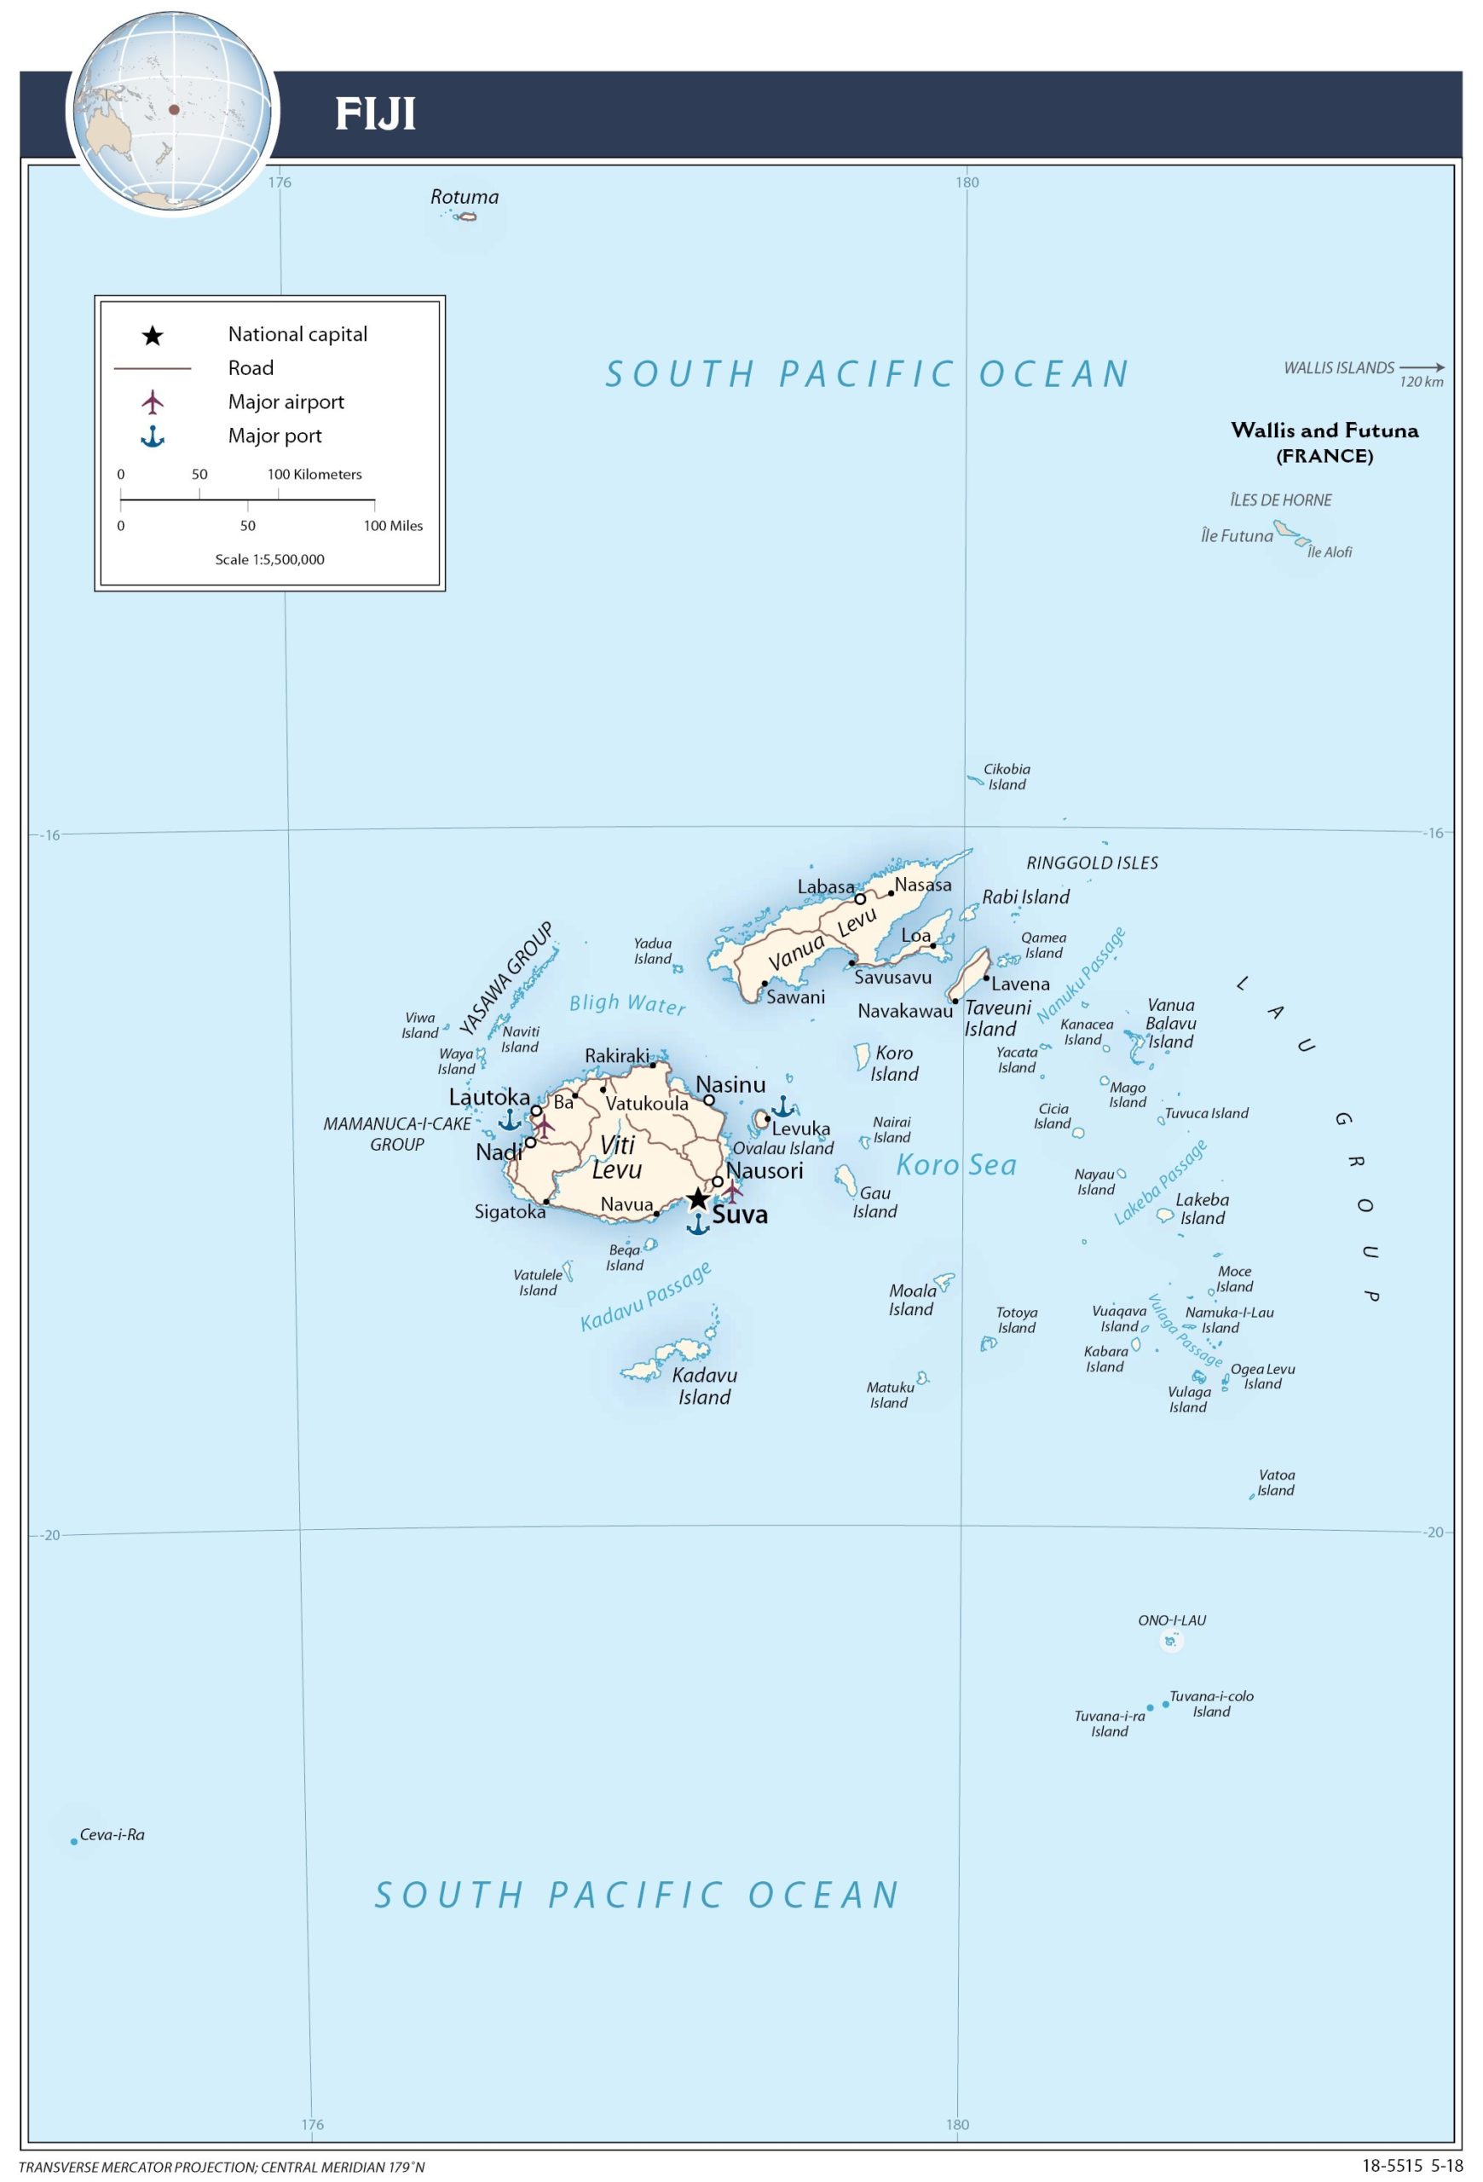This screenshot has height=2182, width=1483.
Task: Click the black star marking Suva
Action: point(697,1199)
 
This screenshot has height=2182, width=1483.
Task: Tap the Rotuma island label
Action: point(465,197)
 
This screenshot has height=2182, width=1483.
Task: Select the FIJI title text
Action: point(376,114)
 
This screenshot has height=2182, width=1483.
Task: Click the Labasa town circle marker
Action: point(860,898)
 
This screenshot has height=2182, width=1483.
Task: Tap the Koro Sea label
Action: point(956,1165)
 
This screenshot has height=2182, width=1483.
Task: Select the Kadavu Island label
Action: point(705,1386)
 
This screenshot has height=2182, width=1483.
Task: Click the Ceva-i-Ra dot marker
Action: point(74,1841)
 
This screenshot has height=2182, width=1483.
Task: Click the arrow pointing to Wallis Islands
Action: point(1422,368)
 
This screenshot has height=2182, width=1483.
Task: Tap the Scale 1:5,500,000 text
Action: point(269,560)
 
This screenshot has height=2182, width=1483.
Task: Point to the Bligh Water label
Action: point(627,1004)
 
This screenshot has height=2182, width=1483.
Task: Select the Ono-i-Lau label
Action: point(1171,1619)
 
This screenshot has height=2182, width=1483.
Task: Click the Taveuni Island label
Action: point(997,1018)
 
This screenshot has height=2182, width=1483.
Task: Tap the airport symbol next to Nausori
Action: point(732,1191)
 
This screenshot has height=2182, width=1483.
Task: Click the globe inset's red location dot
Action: point(174,110)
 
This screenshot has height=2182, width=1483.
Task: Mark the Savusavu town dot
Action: point(851,962)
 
